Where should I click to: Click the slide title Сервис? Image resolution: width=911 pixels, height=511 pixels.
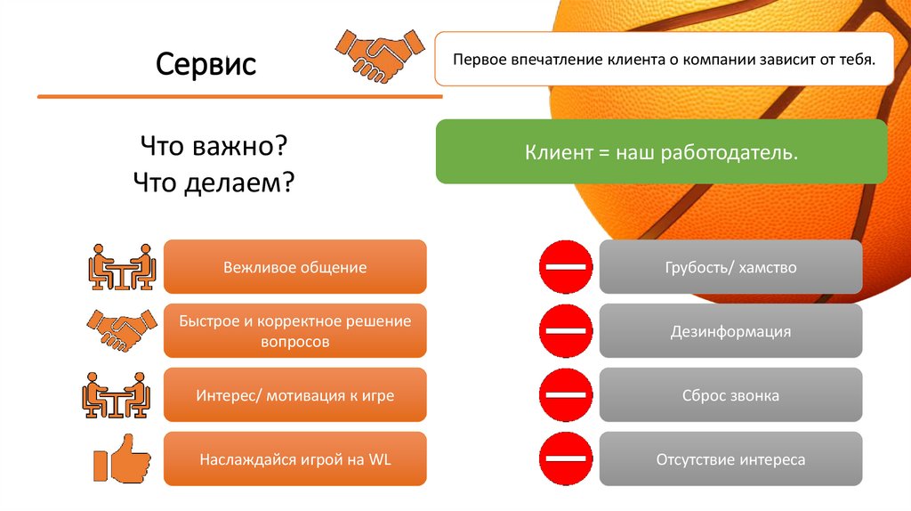click(206, 64)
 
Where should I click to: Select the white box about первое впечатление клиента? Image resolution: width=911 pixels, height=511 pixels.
click(664, 60)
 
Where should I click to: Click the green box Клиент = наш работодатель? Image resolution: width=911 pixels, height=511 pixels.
click(661, 153)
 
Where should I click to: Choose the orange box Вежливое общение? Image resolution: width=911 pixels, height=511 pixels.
click(295, 267)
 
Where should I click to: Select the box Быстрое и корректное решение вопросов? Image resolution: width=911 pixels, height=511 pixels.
click(295, 331)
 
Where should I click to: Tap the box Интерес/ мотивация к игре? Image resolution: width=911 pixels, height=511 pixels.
click(295, 395)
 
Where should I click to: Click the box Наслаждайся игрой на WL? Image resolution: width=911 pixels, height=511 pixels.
click(295, 459)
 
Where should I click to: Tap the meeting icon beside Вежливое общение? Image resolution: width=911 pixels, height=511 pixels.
click(122, 267)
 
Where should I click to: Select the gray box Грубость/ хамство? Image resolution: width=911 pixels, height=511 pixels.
click(730, 267)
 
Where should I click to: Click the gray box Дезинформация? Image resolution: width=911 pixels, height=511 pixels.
click(730, 331)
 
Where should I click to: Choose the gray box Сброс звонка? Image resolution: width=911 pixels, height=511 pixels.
click(730, 395)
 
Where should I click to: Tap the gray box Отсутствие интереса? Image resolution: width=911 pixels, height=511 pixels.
click(730, 459)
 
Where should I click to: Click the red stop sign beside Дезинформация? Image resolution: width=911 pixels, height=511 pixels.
click(565, 331)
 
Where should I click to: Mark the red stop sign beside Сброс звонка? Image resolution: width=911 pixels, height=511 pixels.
click(565, 395)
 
